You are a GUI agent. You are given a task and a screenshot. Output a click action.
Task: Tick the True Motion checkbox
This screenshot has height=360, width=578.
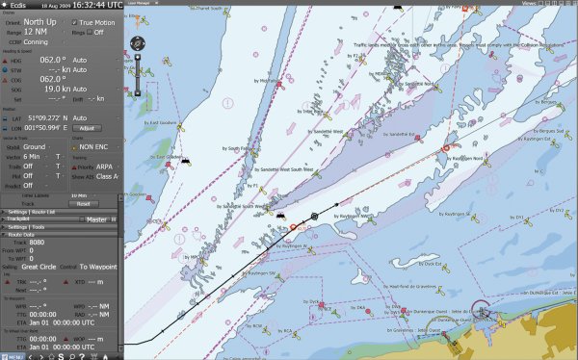click(x=76, y=21)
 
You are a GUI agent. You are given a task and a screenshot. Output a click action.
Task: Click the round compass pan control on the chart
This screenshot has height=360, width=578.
click(x=138, y=43)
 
